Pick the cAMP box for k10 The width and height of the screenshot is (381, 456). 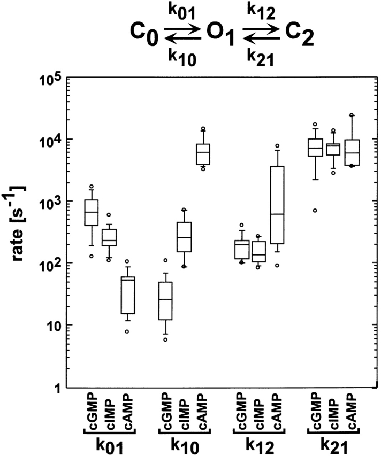coord(203,154)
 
